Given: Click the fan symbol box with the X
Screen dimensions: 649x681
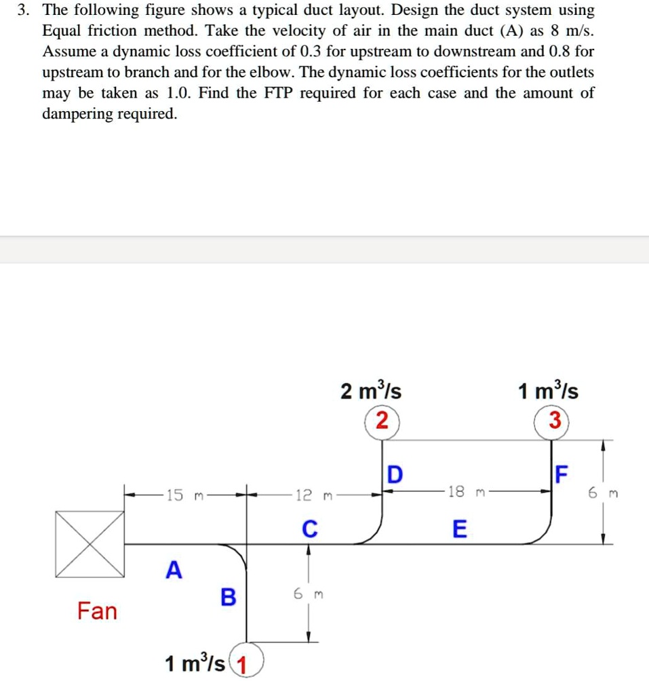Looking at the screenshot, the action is click(x=90, y=544).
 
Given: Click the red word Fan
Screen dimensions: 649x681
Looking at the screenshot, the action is click(x=96, y=611).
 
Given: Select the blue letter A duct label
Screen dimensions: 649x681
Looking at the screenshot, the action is click(x=174, y=571).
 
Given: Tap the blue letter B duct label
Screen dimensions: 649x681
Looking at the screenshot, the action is click(x=229, y=598).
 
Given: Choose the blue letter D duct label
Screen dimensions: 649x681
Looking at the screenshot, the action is click(x=394, y=474).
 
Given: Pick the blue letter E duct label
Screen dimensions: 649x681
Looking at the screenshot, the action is click(x=459, y=529).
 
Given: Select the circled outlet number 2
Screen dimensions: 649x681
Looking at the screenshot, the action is click(x=382, y=422).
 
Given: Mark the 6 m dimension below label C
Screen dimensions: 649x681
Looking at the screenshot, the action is click(x=309, y=594).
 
